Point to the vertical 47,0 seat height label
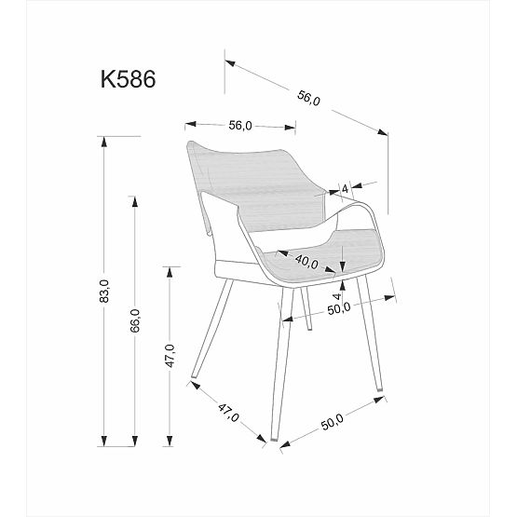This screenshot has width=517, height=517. click(169, 356)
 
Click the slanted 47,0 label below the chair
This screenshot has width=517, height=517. click(229, 411)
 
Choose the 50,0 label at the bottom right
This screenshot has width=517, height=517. click(333, 421)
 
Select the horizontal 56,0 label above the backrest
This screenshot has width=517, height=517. click(239, 127)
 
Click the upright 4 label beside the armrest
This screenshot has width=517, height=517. click(346, 188)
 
